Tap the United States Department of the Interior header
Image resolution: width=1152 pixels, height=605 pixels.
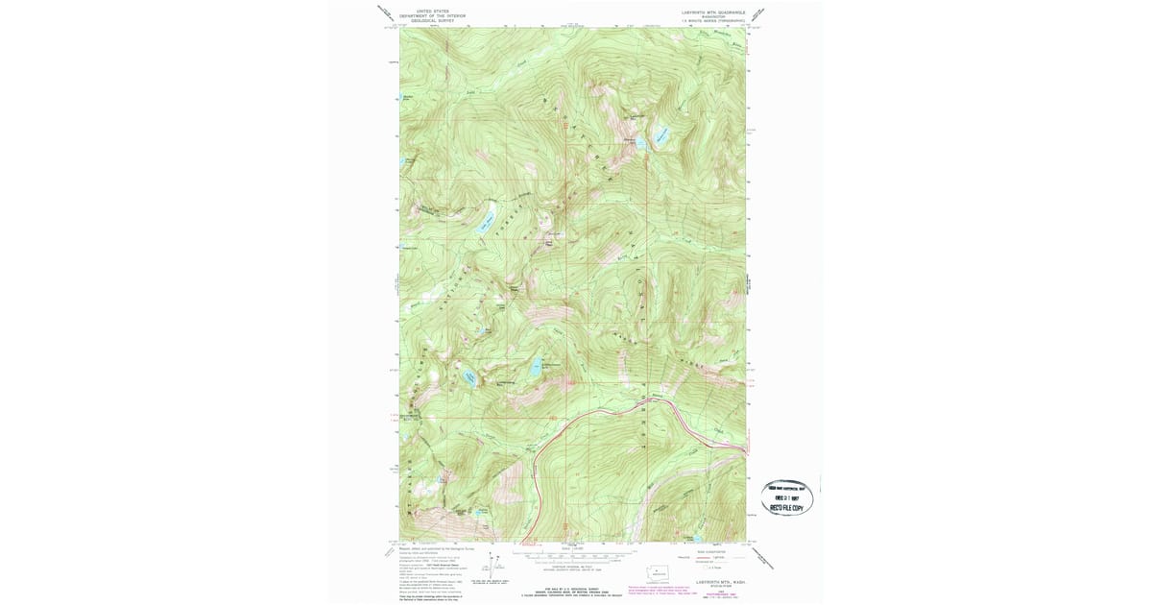coord(433,15)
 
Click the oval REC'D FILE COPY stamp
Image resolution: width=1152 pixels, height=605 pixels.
coord(787,496)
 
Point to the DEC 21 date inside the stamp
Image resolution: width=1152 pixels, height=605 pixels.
coord(787,497)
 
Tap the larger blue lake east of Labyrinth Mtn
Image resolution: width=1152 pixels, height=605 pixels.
coord(662,137)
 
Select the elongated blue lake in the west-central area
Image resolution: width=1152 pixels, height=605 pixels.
coord(479,226)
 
